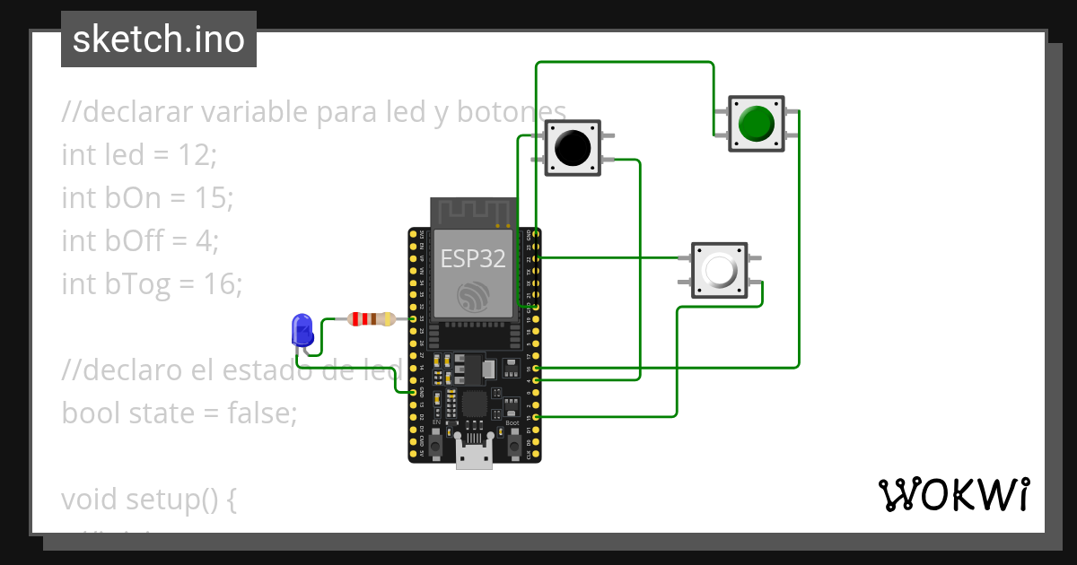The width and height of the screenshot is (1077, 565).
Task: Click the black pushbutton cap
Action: [572, 147]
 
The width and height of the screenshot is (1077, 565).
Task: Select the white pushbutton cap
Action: [720, 270]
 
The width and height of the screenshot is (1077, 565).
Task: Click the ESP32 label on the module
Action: [472, 259]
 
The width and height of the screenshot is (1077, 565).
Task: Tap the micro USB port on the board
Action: [474, 455]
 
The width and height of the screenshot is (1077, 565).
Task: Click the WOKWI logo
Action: [953, 494]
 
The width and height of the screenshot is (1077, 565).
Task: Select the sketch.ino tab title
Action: [158, 39]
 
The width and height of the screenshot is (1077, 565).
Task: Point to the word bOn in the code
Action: [133, 198]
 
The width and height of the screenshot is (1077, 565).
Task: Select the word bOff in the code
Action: [136, 241]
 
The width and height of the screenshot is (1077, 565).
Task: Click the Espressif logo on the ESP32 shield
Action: [473, 298]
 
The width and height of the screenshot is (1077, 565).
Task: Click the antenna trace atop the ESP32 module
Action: [473, 212]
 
